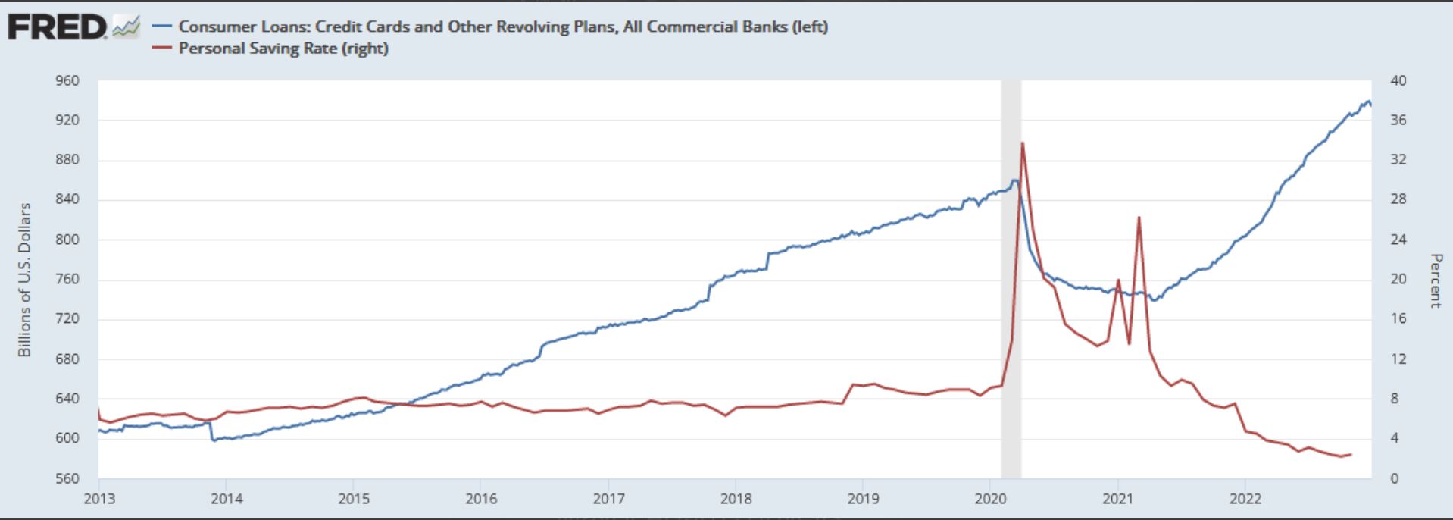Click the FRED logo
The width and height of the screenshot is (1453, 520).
pyautogui.click(x=58, y=28)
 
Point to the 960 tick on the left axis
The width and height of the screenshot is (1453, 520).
pyautogui.click(x=67, y=80)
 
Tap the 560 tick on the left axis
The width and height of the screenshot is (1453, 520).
pyautogui.click(x=67, y=478)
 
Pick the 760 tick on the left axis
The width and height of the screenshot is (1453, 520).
pyautogui.click(x=67, y=279)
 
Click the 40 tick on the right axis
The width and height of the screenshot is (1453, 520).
pyautogui.click(x=1398, y=80)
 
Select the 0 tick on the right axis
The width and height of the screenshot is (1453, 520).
pyautogui.click(x=1394, y=478)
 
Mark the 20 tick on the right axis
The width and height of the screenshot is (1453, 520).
pyautogui.click(x=1398, y=279)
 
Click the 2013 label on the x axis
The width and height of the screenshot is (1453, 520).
pyautogui.click(x=98, y=498)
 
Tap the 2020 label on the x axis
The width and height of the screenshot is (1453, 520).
pyautogui.click(x=990, y=498)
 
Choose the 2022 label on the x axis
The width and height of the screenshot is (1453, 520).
pyautogui.click(x=1245, y=498)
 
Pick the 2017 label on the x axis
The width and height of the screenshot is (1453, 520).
pyautogui.click(x=608, y=498)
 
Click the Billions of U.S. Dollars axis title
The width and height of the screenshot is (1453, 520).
pyautogui.click(x=25, y=280)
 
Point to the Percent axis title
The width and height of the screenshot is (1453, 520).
pyautogui.click(x=1434, y=280)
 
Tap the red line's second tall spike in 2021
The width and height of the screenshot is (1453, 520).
pyautogui.click(x=1139, y=218)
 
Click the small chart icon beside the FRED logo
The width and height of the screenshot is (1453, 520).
pyautogui.click(x=126, y=28)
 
